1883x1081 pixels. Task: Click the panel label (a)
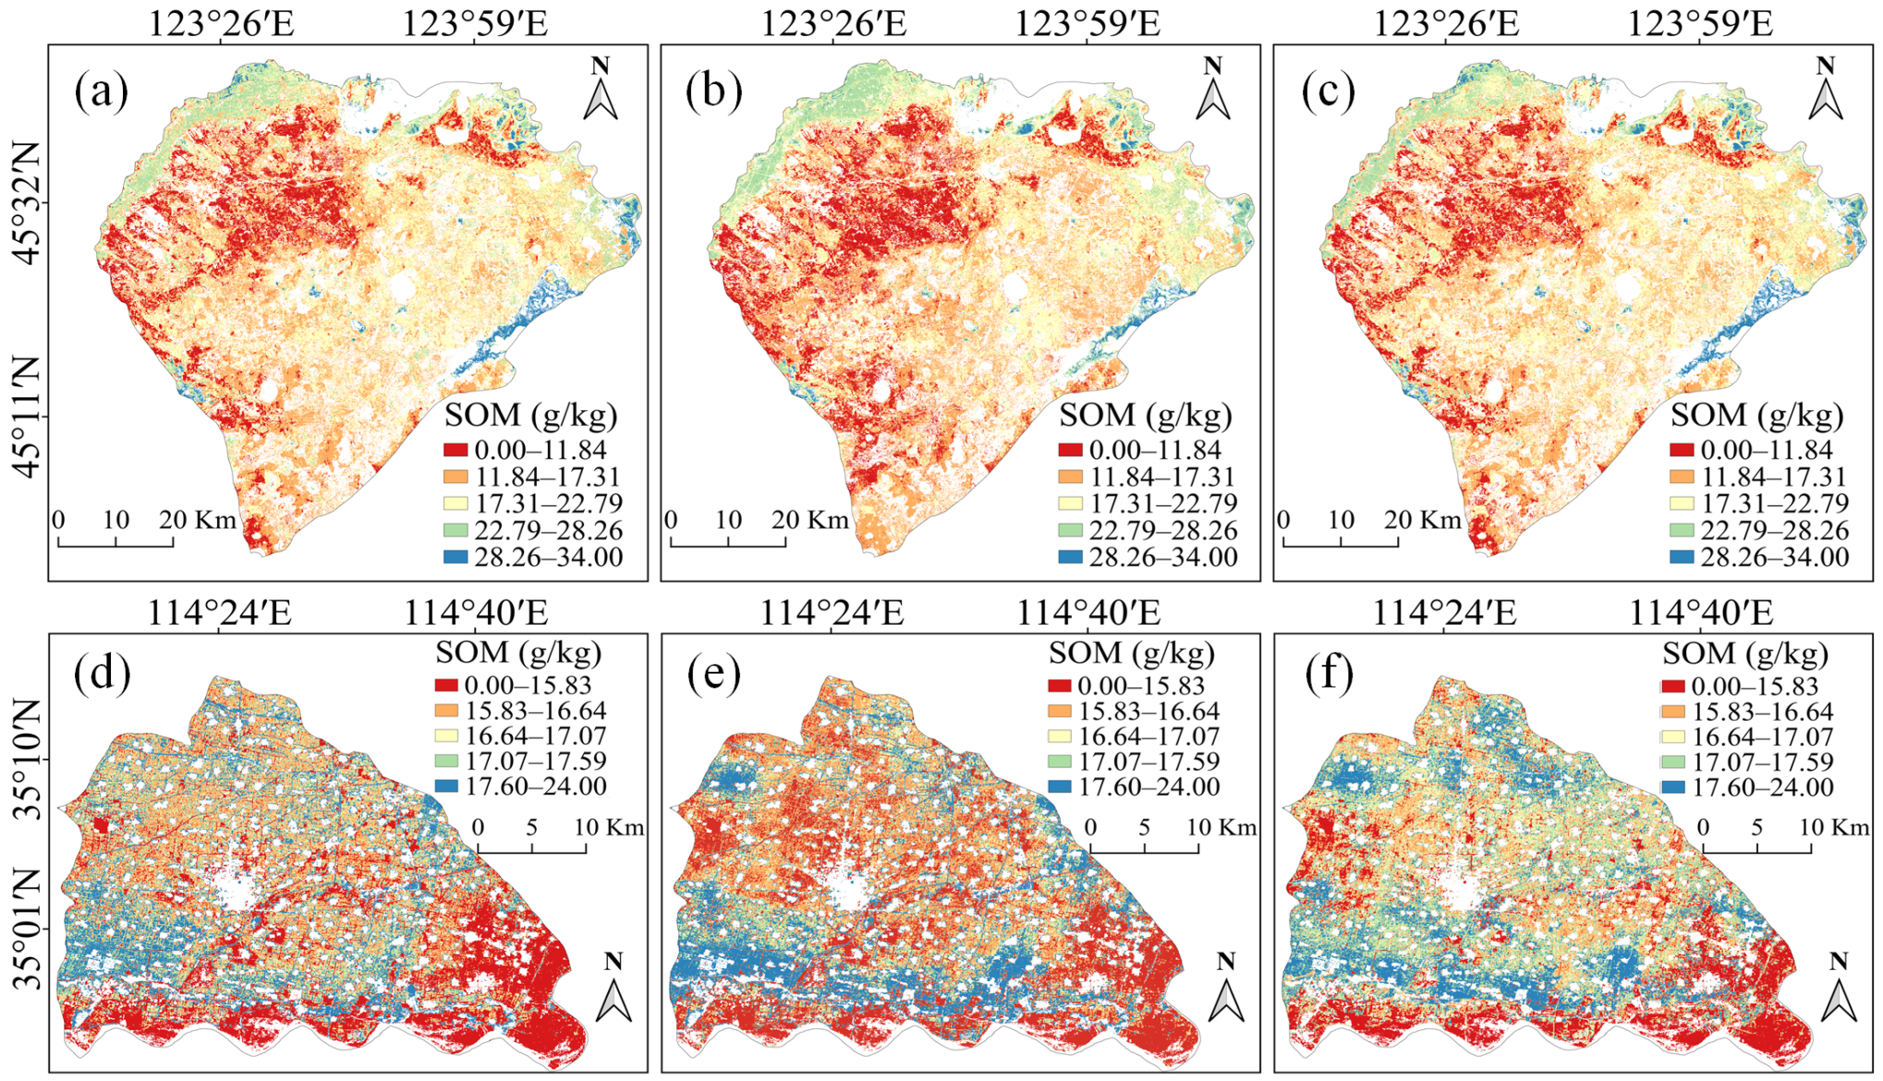[102, 91]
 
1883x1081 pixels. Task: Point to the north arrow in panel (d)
[613, 989]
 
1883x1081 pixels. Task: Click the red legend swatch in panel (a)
[456, 451]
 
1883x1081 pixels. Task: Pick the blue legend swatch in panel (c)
[1682, 557]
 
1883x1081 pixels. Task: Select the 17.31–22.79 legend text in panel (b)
[1162, 504]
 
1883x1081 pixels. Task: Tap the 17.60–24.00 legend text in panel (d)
[536, 787]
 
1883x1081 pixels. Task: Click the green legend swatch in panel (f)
[1673, 762]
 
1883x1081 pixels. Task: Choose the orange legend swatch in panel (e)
[1059, 711]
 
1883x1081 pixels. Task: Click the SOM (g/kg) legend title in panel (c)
[1756, 415]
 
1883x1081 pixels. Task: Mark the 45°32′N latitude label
[27, 203]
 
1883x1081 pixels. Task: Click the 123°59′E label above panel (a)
[474, 24]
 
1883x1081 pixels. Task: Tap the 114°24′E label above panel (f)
[1444, 613]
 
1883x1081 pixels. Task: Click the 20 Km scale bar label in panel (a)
[198, 520]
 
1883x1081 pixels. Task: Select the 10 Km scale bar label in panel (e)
[1221, 827]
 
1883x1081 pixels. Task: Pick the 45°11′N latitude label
[27, 418]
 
